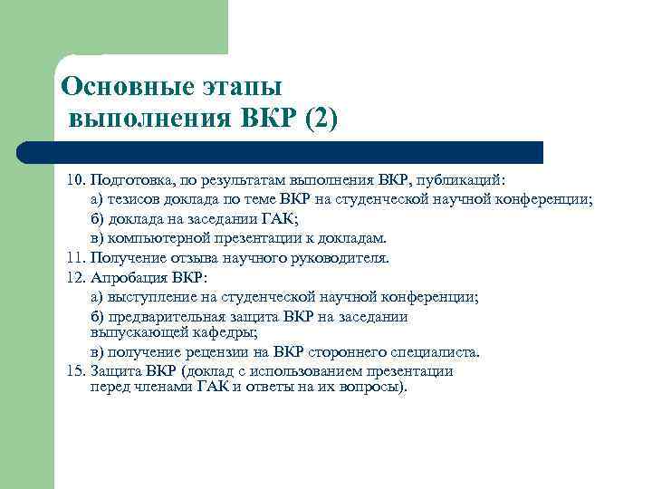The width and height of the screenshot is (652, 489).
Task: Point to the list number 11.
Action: click(x=75, y=258)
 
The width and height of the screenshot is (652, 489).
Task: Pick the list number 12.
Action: click(x=75, y=277)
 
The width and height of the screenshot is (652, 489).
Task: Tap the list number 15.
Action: click(x=75, y=370)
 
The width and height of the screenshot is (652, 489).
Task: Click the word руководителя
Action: click(x=336, y=258)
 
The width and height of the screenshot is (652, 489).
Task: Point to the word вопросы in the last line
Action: click(x=372, y=387)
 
